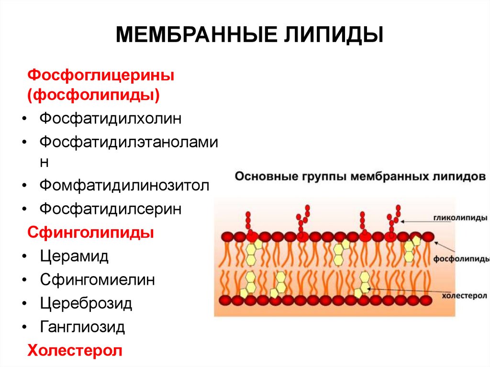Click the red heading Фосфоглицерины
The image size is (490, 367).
100,75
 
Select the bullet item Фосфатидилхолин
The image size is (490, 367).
111,118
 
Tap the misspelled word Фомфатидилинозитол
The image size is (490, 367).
124,185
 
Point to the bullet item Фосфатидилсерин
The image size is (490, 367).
111,209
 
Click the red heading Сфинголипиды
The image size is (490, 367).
91,233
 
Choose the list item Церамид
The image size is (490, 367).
74,256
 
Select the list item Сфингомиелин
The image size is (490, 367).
98,279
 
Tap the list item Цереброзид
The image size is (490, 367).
86,303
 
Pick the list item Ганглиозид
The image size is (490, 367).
82,327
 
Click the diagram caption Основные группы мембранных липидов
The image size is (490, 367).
360,176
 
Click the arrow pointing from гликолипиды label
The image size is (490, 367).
417,221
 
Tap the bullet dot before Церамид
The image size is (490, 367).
24,256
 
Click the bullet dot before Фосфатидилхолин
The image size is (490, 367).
24,119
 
